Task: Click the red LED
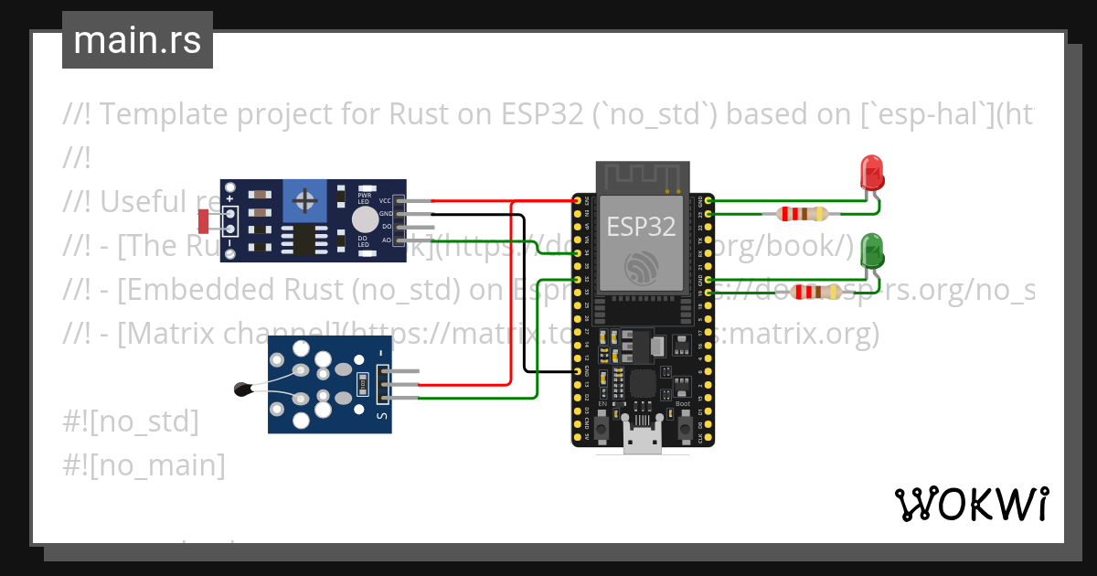[871, 172]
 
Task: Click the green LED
[872, 250]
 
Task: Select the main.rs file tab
[137, 40]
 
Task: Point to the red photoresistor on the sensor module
[203, 220]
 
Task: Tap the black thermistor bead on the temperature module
[243, 389]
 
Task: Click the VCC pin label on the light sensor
[385, 200]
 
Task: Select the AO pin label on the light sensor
[386, 240]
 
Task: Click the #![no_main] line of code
[144, 465]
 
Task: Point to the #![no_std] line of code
[131, 421]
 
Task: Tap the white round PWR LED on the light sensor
[365, 219]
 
